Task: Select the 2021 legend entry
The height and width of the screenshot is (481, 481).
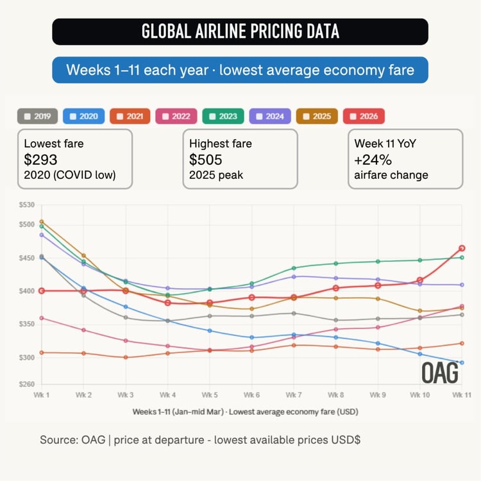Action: [x=131, y=116]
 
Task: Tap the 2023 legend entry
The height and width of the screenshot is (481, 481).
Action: [x=224, y=116]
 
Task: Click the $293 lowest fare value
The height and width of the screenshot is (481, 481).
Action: [x=40, y=158]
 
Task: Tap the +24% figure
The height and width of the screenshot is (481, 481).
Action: [x=372, y=158]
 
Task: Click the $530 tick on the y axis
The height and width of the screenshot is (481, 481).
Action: [x=27, y=205]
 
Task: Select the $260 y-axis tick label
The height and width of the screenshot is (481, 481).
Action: [x=27, y=384]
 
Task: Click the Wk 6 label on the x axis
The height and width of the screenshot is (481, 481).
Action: [x=252, y=395]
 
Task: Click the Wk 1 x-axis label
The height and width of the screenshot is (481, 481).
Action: [x=42, y=395]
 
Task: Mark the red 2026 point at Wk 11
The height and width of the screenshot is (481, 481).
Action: [x=462, y=248]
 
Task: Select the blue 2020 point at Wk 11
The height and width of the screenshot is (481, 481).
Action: [x=462, y=363]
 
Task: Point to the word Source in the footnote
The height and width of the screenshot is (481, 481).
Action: [x=58, y=440]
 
